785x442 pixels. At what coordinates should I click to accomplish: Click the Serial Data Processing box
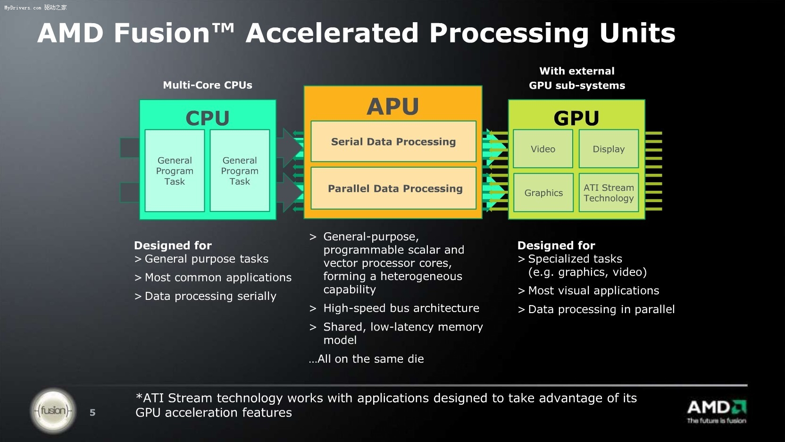click(x=393, y=142)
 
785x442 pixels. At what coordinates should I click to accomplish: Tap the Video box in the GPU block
click(x=543, y=149)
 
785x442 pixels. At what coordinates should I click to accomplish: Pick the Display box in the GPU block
click(x=609, y=149)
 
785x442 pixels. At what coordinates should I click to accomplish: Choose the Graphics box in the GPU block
click(x=543, y=193)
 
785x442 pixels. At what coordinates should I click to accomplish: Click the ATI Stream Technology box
click(x=609, y=193)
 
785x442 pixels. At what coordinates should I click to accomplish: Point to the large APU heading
click(x=393, y=106)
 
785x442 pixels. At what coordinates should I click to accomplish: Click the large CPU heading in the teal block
click(x=208, y=118)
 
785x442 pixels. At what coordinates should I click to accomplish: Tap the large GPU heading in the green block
click(x=576, y=118)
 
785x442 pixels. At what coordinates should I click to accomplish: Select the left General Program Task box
click(x=175, y=171)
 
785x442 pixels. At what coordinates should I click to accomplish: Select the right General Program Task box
click(x=240, y=171)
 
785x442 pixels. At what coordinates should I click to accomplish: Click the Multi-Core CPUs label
click(x=208, y=85)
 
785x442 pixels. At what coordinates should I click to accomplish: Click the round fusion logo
click(x=53, y=411)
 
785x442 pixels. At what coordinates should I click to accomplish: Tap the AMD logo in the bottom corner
click(x=716, y=411)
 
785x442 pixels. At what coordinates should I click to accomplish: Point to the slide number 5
click(x=92, y=413)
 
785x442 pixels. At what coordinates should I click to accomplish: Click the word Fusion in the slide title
click(x=162, y=33)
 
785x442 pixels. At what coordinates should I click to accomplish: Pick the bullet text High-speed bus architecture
click(x=401, y=308)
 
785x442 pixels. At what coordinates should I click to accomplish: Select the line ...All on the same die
click(x=366, y=359)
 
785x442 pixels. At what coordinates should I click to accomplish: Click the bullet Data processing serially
click(x=210, y=296)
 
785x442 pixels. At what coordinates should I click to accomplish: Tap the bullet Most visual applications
click(x=593, y=290)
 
